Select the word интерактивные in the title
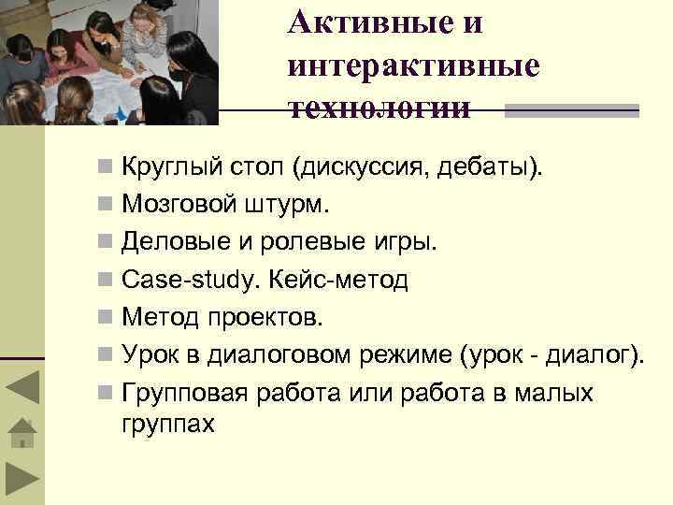[414, 65]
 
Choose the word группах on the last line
[168, 424]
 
